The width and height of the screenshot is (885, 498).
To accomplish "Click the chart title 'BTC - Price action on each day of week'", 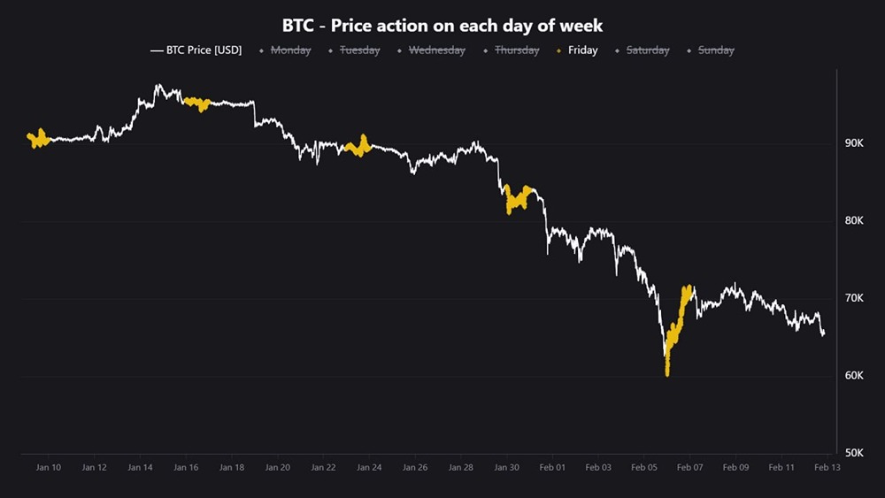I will click(442, 26).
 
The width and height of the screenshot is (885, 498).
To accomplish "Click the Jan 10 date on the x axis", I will click(49, 467).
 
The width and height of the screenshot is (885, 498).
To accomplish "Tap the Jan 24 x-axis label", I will click(369, 467).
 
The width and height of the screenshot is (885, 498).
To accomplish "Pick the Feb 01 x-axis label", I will click(552, 467).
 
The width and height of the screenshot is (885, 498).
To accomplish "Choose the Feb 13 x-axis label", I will click(827, 467).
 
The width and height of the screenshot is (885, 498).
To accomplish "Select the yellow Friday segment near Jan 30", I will click(518, 200).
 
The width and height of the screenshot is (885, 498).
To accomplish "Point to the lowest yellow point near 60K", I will click(667, 373).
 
